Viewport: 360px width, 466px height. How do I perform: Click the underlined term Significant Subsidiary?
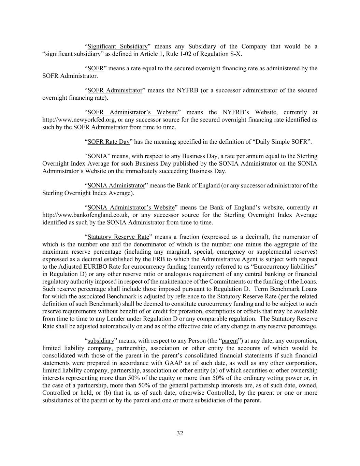coord(118,46)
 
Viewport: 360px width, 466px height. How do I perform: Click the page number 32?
coord(180,433)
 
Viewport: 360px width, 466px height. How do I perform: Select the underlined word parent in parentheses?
coord(230,341)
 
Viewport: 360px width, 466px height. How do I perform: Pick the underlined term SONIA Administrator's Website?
coord(131,208)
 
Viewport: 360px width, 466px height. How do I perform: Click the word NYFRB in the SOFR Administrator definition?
coord(187,90)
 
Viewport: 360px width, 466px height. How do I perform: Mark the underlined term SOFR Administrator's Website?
coord(132,112)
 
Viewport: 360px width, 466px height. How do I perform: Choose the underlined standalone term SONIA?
coord(97,156)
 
